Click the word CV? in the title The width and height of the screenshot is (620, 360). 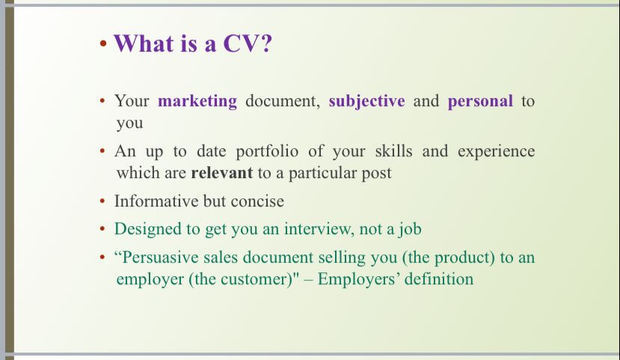[x=248, y=43]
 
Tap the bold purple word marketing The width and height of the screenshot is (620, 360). [x=197, y=102]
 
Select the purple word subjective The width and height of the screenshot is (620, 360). [x=366, y=102]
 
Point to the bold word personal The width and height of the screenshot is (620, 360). [x=480, y=102]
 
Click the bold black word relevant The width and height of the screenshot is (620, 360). [x=222, y=173]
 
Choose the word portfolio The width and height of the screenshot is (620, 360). [x=267, y=151]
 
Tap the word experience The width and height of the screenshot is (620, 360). [x=497, y=151]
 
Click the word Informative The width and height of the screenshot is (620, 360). [x=156, y=201]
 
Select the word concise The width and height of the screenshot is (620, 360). [x=257, y=201]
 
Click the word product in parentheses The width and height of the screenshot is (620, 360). [x=462, y=258]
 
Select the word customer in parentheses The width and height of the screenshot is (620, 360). [x=256, y=279]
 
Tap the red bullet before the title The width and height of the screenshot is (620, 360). [x=103, y=43]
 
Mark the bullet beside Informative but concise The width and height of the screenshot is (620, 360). [x=102, y=201]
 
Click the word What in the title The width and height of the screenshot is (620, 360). [x=144, y=43]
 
